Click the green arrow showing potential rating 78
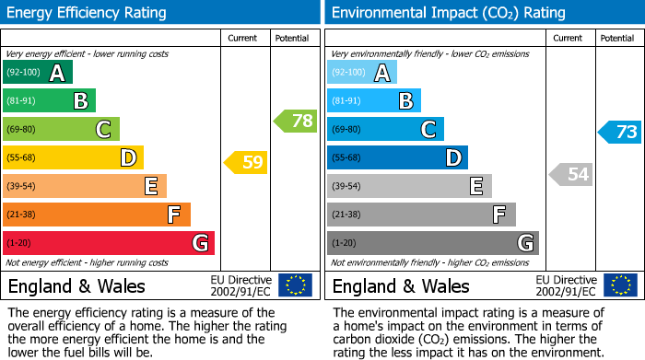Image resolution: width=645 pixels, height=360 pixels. click(295, 121)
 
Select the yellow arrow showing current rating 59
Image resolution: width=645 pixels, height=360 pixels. click(245, 163)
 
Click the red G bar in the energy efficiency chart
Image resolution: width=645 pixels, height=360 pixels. click(109, 243)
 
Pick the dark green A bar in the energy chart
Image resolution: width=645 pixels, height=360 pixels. click(38, 72)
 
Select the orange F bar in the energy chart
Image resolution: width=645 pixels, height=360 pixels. click(97, 215)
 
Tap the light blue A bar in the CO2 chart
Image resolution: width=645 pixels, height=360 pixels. click(362, 72)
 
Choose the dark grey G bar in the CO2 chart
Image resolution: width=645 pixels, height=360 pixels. click(432, 243)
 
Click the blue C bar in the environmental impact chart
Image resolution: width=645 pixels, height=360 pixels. click(385, 129)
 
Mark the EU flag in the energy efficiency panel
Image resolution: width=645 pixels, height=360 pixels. click(295, 285)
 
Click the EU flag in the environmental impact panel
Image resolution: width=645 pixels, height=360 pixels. click(619, 285)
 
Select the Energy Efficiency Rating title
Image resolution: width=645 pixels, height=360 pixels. click(88, 13)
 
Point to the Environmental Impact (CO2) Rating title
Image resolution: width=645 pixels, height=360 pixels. click(448, 13)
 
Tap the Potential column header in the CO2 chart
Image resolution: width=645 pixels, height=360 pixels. click(617, 38)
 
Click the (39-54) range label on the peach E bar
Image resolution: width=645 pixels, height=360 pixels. click(21, 186)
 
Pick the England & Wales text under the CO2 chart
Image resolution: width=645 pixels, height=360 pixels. click(401, 285)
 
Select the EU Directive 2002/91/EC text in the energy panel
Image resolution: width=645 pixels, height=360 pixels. click(240, 285)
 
